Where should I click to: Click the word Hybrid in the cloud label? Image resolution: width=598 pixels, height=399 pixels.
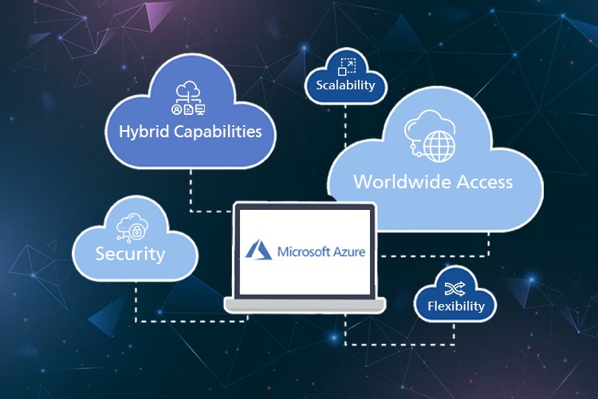pyautogui.click(x=144, y=132)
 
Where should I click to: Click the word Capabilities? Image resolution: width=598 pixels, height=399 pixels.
pyautogui.click(x=218, y=132)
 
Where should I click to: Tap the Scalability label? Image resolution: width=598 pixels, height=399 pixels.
pyautogui.click(x=345, y=85)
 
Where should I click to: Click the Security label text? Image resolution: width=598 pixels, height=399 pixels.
pyautogui.click(x=130, y=255)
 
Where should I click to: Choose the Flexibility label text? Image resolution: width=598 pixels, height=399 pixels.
pyautogui.click(x=456, y=306)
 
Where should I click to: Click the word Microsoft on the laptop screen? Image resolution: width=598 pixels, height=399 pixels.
pyautogui.click(x=304, y=251)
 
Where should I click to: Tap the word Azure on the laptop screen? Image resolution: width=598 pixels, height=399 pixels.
pyautogui.click(x=349, y=252)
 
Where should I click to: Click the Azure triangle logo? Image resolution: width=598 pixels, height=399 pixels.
pyautogui.click(x=258, y=251)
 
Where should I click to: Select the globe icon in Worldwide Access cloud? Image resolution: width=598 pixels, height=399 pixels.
pyautogui.click(x=439, y=146)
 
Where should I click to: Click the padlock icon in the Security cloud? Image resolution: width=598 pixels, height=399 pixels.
pyautogui.click(x=136, y=231)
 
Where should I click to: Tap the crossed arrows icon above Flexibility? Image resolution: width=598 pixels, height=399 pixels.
pyautogui.click(x=455, y=289)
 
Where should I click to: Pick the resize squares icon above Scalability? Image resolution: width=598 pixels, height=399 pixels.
pyautogui.click(x=347, y=67)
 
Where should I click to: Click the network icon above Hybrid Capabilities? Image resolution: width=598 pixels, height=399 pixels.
pyautogui.click(x=188, y=97)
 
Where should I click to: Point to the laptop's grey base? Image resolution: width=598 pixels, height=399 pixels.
pyautogui.click(x=305, y=305)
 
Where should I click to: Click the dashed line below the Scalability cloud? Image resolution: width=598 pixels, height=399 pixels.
pyautogui.click(x=345, y=125)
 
